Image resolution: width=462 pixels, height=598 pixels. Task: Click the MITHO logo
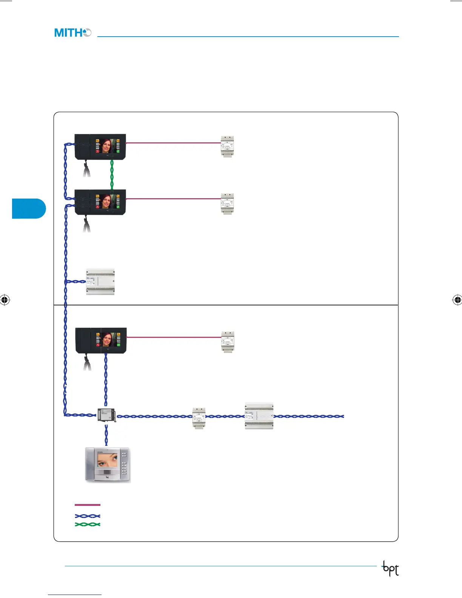72,33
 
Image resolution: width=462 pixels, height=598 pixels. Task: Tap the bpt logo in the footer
390,569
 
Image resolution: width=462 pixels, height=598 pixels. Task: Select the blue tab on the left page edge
29,208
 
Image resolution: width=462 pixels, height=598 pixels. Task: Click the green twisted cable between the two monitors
112,174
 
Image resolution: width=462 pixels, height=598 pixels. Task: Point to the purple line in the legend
88,505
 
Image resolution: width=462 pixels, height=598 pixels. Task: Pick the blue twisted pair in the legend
88,516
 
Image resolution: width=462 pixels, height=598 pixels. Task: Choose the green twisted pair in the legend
88,524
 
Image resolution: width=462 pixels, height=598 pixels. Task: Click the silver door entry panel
108,465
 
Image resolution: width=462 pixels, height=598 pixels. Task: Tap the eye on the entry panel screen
107,460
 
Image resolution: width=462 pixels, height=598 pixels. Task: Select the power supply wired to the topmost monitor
227,146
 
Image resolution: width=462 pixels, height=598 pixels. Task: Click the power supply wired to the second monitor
227,204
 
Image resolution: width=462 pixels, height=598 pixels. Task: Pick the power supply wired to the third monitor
227,342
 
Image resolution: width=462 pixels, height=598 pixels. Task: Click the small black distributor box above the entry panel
106,415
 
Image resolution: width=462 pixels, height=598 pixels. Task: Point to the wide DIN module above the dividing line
100,282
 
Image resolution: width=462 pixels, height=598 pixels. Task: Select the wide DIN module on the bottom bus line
259,416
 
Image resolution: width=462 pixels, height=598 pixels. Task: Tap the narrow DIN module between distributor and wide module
199,418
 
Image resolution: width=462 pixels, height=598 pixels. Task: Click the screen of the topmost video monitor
107,146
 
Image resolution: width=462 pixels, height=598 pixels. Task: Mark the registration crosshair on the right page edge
457,300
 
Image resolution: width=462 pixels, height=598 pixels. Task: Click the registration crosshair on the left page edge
5,300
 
